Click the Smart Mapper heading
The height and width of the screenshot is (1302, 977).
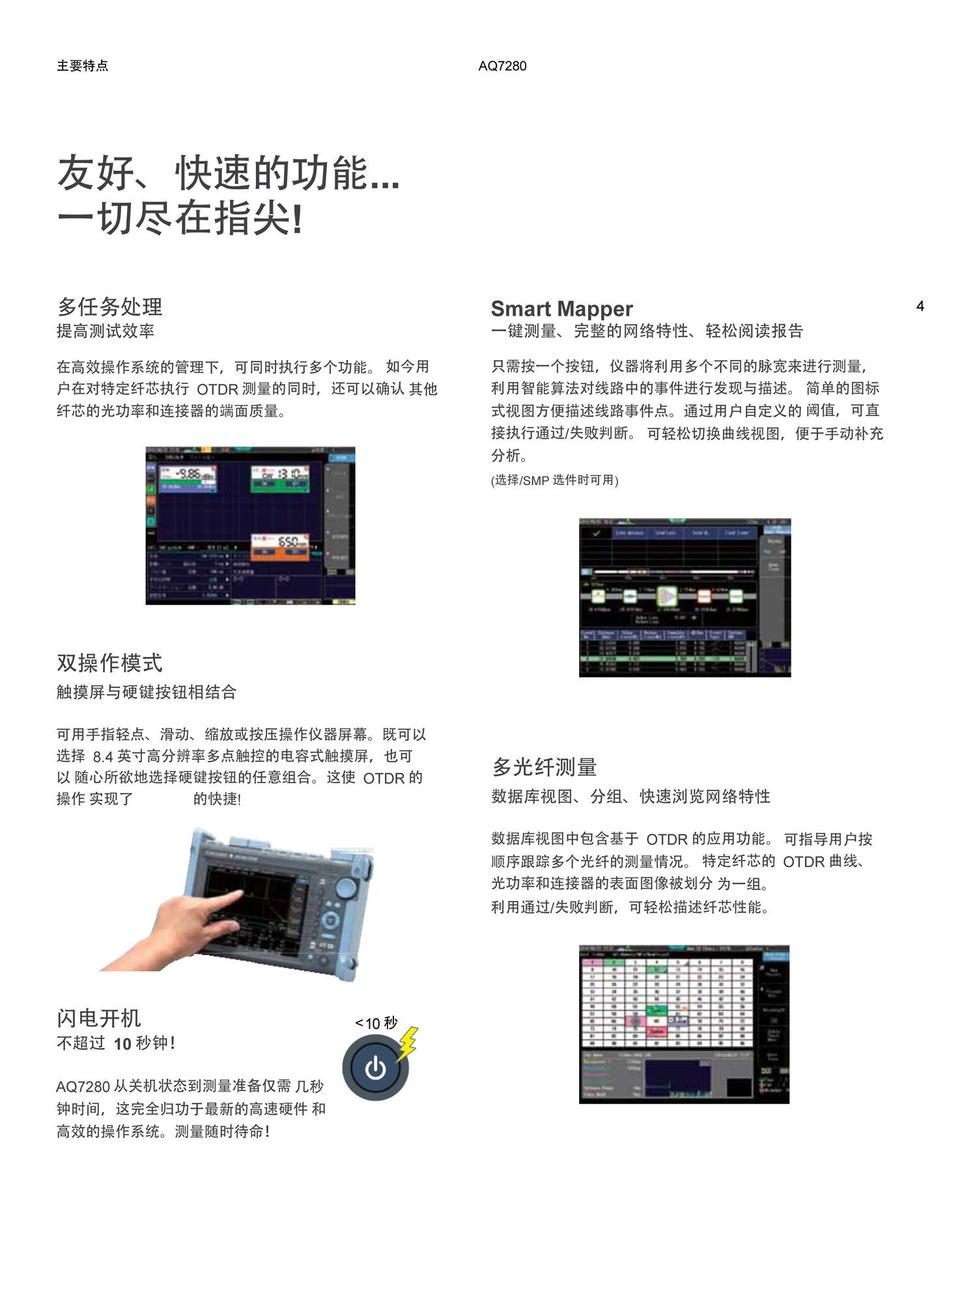[561, 309]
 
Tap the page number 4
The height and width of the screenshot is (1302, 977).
[920, 306]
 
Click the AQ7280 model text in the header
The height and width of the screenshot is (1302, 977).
[502, 66]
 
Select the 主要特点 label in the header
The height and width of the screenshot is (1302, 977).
[83, 66]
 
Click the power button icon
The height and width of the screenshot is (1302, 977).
[375, 1068]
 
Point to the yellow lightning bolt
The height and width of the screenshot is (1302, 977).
[408, 1042]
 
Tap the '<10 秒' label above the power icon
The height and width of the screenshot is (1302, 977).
[376, 1023]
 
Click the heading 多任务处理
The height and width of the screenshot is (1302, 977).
[109, 307]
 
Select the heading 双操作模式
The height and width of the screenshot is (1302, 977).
[109, 663]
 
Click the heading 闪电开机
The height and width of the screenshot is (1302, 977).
[98, 1018]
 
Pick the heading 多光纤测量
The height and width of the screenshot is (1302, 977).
[545, 767]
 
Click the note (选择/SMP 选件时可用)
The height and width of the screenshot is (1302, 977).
[554, 480]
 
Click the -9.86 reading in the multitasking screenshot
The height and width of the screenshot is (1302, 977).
[190, 474]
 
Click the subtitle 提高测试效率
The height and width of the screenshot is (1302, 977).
[106, 331]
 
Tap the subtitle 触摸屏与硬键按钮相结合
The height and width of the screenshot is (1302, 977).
[146, 692]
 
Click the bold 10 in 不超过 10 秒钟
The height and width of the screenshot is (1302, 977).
[122, 1044]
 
